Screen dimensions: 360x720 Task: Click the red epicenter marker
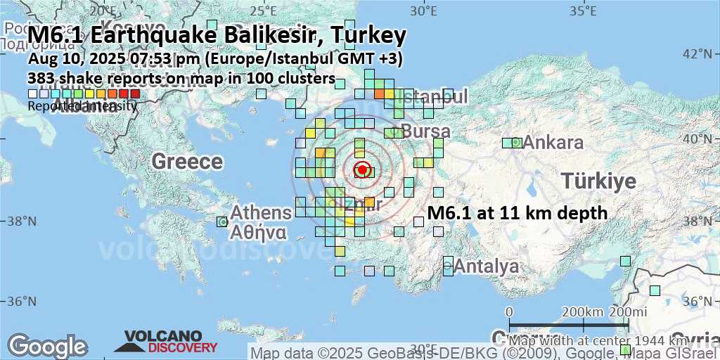[362, 169]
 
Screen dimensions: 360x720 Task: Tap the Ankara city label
[553, 143]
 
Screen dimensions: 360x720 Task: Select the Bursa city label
[425, 131]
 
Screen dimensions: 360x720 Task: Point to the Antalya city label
[487, 266]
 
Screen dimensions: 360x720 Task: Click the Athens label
[261, 212]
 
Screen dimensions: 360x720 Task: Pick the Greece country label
[187, 162]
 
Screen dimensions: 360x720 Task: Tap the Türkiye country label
[598, 181]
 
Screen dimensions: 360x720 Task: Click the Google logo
[47, 346]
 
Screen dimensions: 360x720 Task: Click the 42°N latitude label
[701, 54]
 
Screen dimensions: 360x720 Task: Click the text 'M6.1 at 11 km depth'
[517, 213]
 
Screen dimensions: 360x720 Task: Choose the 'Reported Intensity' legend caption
[82, 106]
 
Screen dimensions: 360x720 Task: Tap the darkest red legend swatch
[135, 94]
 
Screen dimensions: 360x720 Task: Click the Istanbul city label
[434, 96]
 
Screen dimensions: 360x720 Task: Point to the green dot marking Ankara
[515, 143]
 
